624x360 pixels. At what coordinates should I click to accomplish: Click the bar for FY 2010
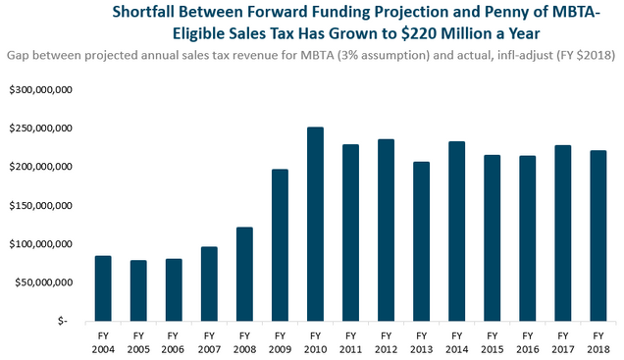pos(315,224)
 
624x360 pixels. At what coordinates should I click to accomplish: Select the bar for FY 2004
pos(103,288)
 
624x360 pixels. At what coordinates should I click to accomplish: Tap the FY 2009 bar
pos(280,245)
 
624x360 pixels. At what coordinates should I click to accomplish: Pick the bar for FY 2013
pos(422,241)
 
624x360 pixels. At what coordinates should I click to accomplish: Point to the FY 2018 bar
pos(598,235)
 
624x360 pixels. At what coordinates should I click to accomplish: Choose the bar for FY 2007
pos(209,283)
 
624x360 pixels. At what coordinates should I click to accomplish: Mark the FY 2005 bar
pos(138,290)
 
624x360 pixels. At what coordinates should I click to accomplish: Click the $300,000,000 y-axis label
pos(41,90)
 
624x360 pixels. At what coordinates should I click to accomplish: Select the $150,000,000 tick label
pos(41,206)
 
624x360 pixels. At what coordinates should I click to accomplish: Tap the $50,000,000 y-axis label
pos(44,283)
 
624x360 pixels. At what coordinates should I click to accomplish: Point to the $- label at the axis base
pos(63,321)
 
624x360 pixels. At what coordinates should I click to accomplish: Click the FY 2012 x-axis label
pos(386,342)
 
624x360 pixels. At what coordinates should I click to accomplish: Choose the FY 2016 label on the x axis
pos(527,342)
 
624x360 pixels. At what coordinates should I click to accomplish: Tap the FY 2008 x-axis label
pos(244,342)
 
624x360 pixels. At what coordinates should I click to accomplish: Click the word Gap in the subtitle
pos(18,55)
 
